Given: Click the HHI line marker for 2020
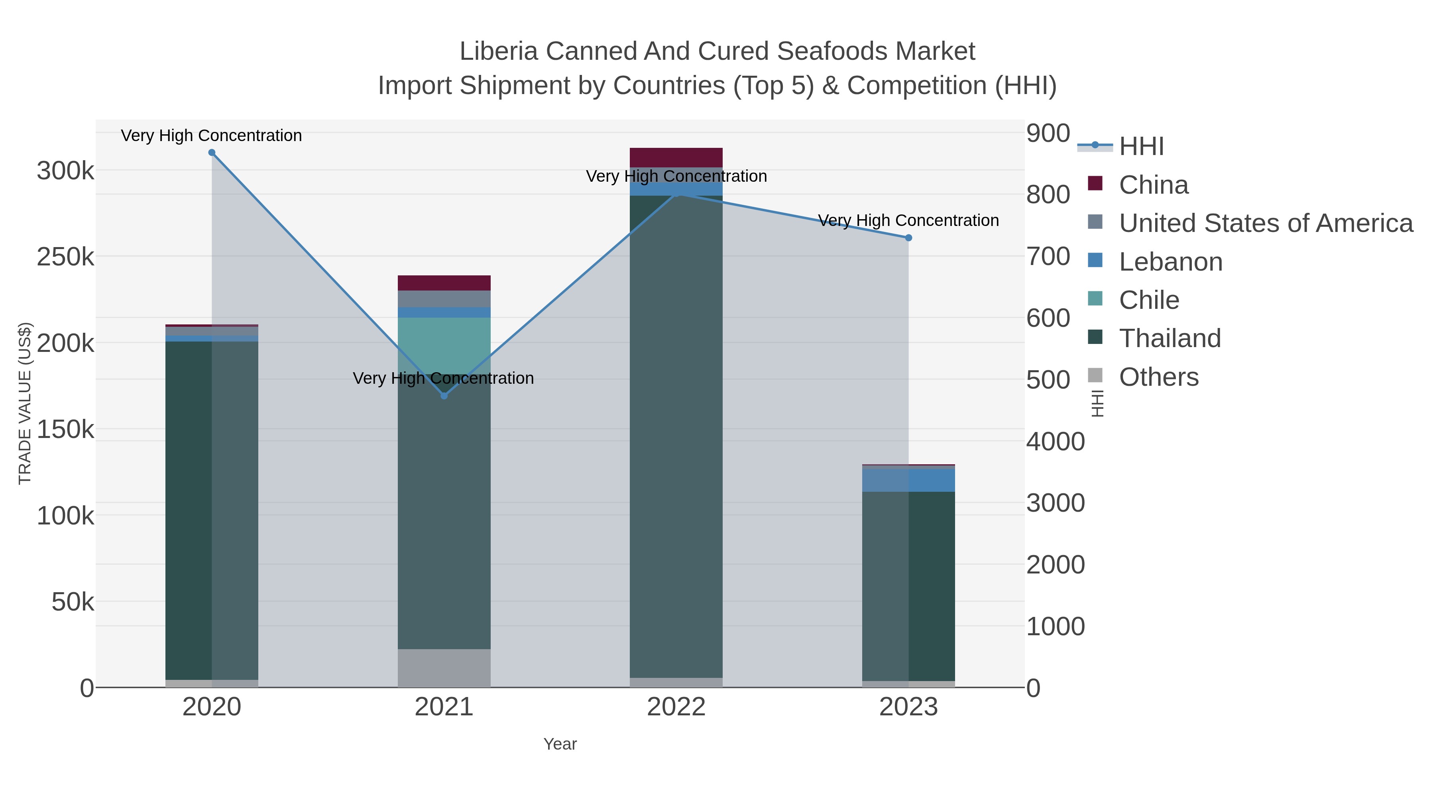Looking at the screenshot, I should pos(212,153).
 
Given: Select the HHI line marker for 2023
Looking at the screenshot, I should pos(908,238).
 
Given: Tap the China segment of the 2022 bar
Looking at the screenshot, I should pos(676,157).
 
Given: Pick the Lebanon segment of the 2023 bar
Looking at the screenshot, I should pos(908,480).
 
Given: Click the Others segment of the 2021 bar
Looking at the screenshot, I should pos(444,668).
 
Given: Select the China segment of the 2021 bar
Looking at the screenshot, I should pos(444,283).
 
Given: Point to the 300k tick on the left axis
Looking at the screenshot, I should pos(65,171).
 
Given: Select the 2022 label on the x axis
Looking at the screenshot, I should pos(676,707).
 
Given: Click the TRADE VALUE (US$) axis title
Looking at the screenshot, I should pos(25,403).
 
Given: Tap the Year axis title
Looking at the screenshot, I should pos(560,744).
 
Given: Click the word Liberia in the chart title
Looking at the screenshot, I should pos(499,51).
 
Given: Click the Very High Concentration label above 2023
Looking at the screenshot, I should pos(908,220).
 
